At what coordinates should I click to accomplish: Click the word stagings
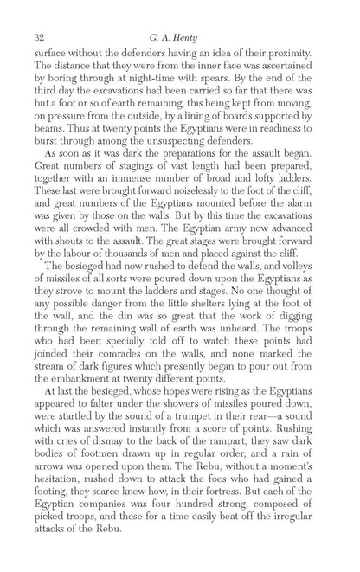tap(124, 165)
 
